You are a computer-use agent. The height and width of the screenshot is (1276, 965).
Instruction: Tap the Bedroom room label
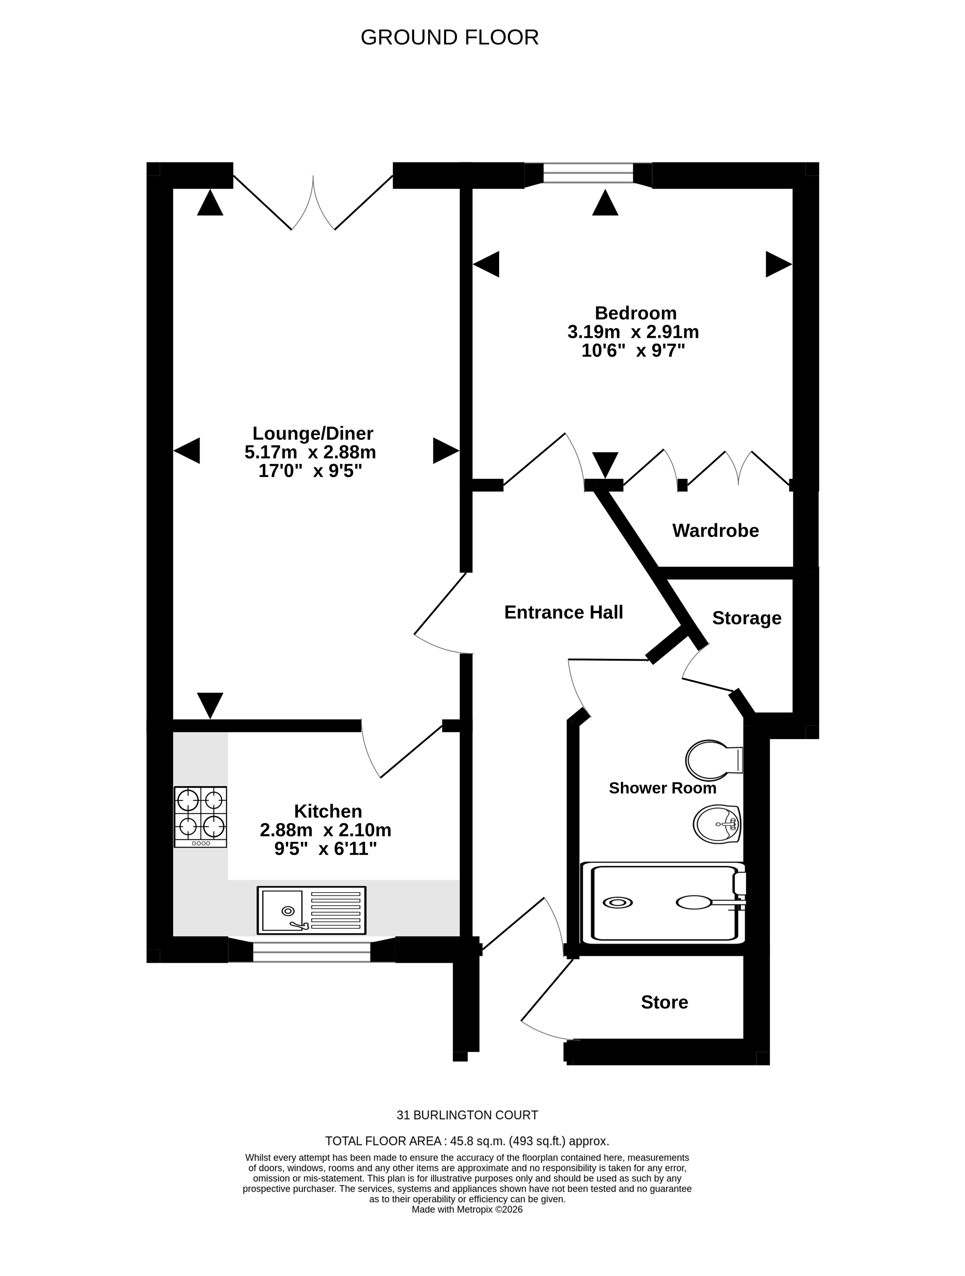[x=636, y=313]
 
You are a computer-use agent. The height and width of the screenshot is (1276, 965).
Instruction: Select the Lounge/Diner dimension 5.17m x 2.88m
[x=310, y=452]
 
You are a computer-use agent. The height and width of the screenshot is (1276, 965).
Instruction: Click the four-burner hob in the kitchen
[x=200, y=817]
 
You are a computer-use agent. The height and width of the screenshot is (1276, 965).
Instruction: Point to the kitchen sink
[x=312, y=910]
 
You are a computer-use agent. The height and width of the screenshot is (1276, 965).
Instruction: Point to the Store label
[x=664, y=1002]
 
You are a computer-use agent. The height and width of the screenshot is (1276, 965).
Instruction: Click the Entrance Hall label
[x=564, y=612]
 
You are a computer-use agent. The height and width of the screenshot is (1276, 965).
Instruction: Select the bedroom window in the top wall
[x=588, y=173]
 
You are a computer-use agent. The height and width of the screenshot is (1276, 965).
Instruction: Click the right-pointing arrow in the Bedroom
[x=779, y=264]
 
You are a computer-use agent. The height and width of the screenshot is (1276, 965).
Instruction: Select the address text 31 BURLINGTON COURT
[x=467, y=1115]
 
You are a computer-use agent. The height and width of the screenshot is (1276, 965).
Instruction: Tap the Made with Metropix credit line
[x=467, y=1210]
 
